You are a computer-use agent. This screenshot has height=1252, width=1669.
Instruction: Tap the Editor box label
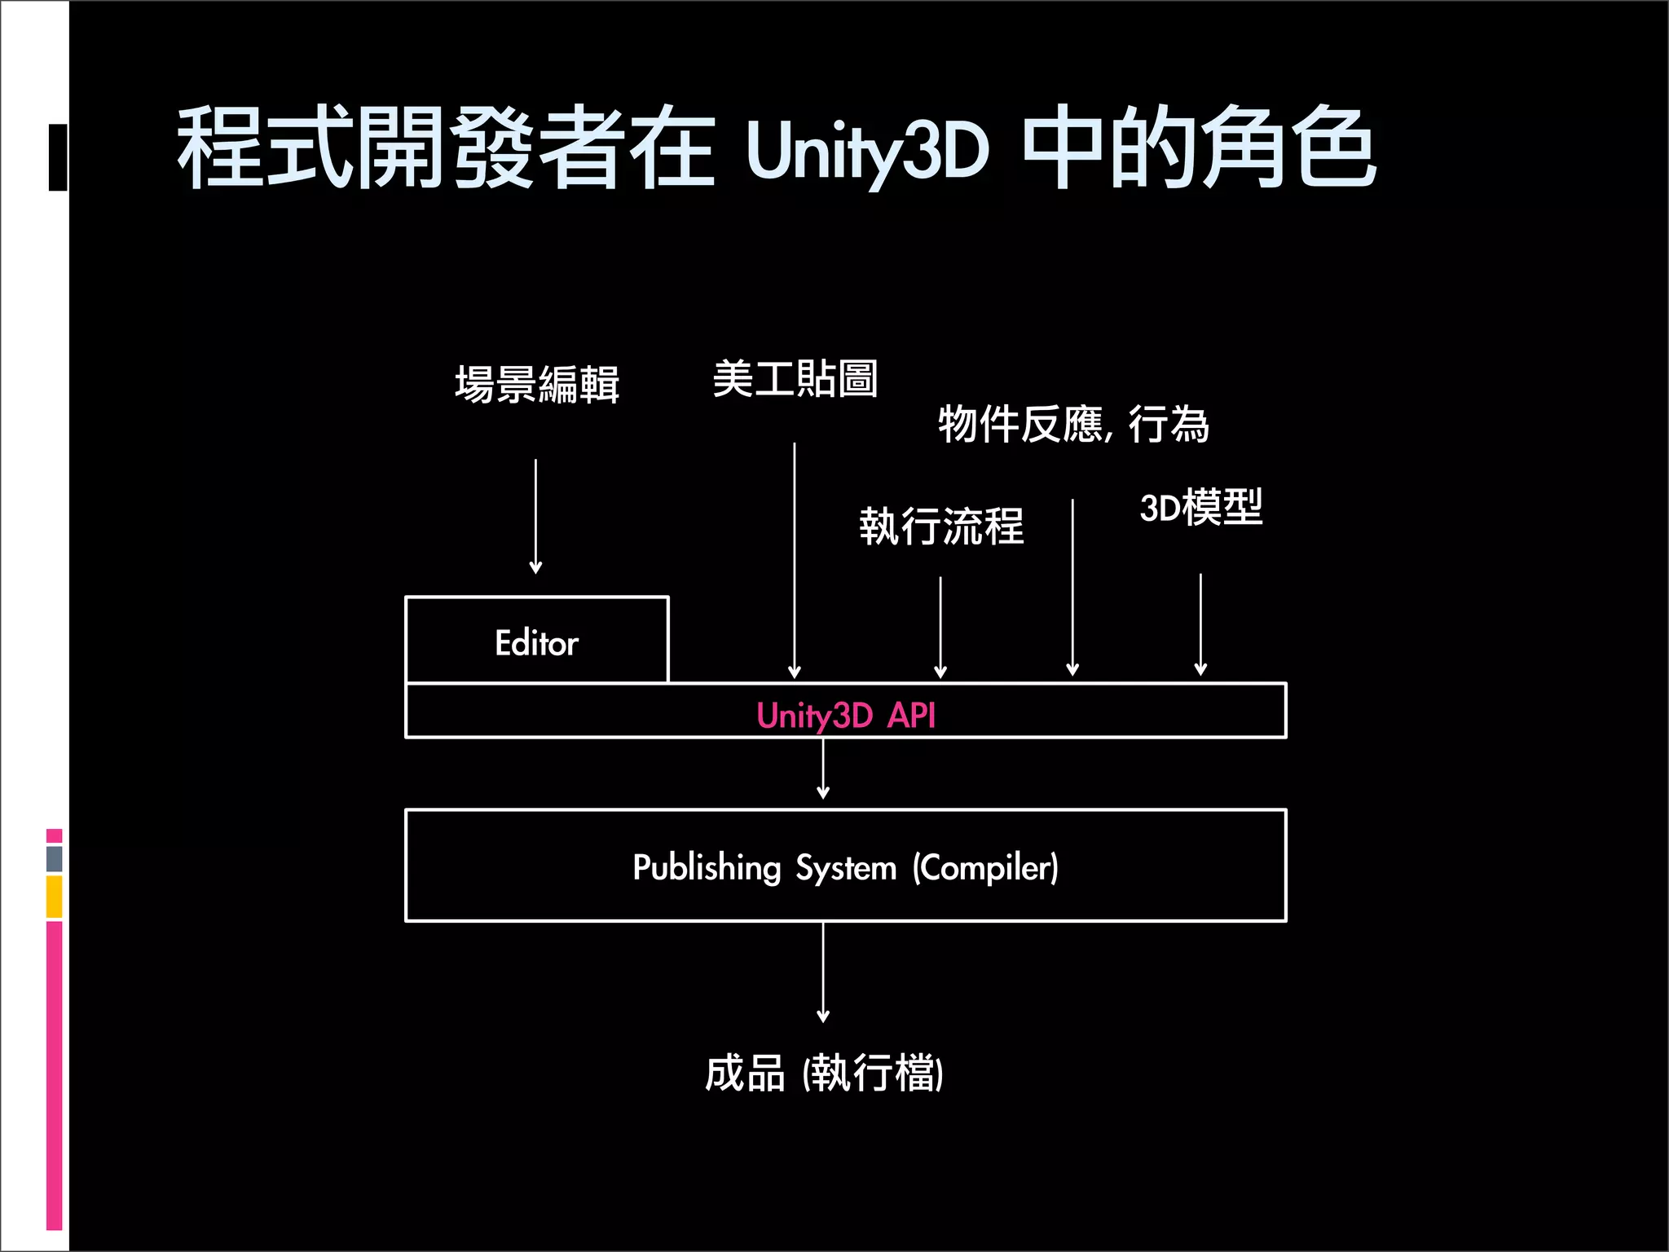click(x=536, y=643)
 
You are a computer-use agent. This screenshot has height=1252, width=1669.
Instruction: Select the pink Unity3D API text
click(x=845, y=716)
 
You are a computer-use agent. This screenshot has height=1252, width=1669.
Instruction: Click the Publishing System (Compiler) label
click(x=845, y=867)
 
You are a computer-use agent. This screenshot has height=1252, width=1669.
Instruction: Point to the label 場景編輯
click(x=537, y=384)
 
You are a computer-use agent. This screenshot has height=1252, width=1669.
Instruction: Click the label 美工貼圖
click(x=795, y=379)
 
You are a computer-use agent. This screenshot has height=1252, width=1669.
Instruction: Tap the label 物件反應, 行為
click(x=1072, y=424)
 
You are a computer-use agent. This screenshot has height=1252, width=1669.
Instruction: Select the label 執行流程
click(x=941, y=526)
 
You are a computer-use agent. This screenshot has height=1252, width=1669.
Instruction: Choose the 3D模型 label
click(x=1200, y=507)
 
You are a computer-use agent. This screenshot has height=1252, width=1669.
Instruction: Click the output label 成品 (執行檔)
click(x=824, y=1073)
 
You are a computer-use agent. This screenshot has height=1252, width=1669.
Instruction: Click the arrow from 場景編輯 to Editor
click(x=535, y=517)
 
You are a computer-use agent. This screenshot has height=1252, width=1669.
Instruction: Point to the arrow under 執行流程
click(x=940, y=628)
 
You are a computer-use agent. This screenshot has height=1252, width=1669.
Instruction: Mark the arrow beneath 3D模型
click(x=1200, y=624)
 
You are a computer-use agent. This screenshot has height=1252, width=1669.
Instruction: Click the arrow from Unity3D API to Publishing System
click(x=823, y=769)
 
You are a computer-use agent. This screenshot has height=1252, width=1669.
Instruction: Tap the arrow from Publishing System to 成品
click(x=823, y=972)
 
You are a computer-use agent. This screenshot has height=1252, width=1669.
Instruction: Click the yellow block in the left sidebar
click(x=55, y=897)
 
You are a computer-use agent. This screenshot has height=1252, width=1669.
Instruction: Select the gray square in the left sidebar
click(x=55, y=858)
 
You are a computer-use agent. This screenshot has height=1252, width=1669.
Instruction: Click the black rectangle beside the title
click(x=58, y=157)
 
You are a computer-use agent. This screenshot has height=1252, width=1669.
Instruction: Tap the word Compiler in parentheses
click(x=985, y=868)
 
